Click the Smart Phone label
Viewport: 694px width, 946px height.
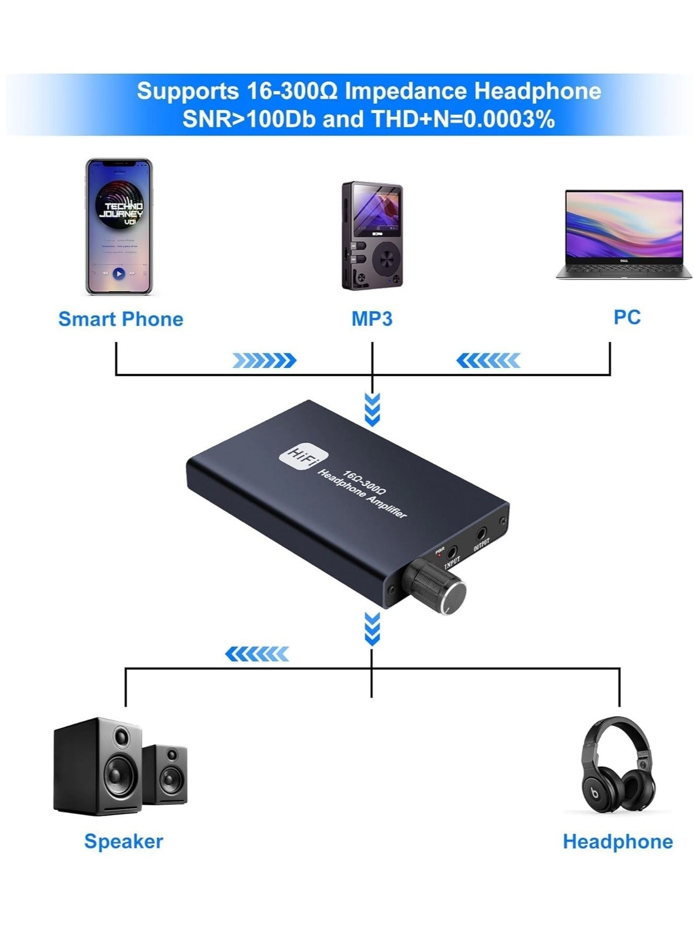point(120,319)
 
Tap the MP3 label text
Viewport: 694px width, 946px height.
point(371,318)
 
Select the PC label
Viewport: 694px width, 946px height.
point(626,317)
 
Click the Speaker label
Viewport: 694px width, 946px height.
point(124,841)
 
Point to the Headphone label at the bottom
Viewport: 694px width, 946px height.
point(617,841)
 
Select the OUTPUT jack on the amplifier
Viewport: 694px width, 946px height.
point(481,534)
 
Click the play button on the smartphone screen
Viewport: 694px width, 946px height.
point(119,273)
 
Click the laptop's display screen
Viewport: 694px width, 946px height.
point(624,225)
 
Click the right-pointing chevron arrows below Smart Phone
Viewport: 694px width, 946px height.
point(264,360)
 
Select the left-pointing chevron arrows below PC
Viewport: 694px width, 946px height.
point(488,360)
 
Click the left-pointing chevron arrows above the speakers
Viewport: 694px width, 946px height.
point(257,654)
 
